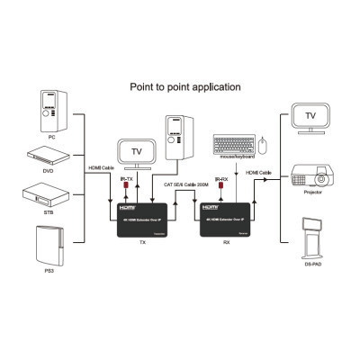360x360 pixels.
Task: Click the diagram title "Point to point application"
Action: click(x=185, y=87)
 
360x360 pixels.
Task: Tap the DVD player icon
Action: click(x=49, y=153)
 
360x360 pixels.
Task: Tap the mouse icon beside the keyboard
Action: click(x=262, y=143)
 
